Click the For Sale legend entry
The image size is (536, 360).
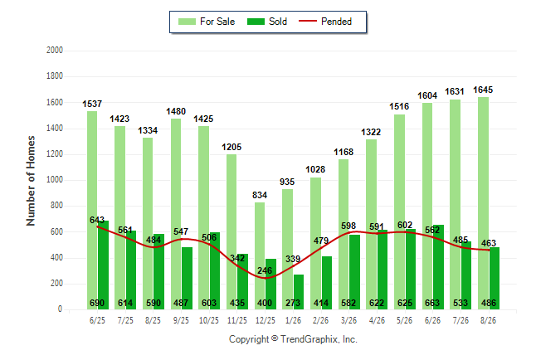point(207,22)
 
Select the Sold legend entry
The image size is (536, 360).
point(267,22)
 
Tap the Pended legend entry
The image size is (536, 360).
point(325,22)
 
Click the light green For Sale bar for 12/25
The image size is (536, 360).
point(260,255)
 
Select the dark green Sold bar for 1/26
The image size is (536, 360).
point(299,292)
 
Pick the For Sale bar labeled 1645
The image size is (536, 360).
point(484,203)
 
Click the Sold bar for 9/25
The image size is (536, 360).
point(187,278)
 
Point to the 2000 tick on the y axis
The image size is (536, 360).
point(55,51)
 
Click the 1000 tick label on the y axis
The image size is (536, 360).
point(55,180)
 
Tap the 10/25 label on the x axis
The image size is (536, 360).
point(209,320)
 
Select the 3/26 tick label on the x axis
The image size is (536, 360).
point(348,320)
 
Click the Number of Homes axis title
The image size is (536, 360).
point(31,181)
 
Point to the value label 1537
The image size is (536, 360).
point(92,104)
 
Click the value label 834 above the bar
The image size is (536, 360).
point(260,195)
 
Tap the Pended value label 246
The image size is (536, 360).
point(265,270)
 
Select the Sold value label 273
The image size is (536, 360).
point(293,303)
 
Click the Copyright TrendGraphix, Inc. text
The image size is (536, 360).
point(293,339)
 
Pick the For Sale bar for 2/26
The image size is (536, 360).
point(316,243)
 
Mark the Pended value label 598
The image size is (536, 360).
point(348,226)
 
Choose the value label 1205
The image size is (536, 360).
point(231,148)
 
